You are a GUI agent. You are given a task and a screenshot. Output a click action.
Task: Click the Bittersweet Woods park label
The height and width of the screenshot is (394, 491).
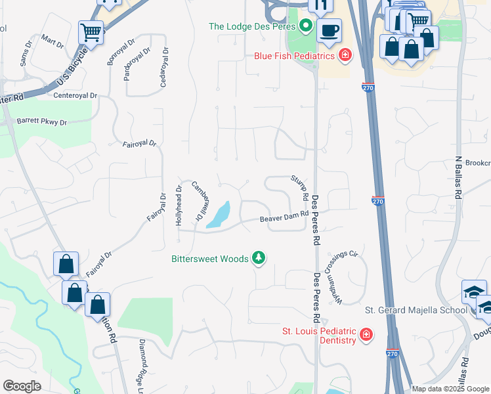[x=209, y=259]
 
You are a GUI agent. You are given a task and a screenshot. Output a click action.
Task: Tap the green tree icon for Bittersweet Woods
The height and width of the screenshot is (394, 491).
[x=259, y=258]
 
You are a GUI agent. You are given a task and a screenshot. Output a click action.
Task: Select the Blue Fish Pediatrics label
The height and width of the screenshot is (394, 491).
[x=295, y=56]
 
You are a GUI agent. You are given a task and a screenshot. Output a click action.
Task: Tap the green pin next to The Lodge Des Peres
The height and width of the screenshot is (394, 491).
[x=305, y=27]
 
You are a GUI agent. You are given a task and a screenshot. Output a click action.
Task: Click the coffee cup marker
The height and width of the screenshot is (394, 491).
[x=329, y=30]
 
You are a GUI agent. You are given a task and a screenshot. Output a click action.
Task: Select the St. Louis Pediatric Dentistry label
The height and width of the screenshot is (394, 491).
[x=318, y=335]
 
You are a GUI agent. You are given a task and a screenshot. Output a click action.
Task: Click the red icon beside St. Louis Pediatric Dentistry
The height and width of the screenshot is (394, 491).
[x=366, y=336]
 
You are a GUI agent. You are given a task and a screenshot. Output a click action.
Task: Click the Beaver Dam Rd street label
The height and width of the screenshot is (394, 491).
[x=284, y=217]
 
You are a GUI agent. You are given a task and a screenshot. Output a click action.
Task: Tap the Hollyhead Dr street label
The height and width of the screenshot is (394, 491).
[x=179, y=206]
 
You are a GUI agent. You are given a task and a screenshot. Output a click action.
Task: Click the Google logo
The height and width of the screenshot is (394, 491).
[x=22, y=386]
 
